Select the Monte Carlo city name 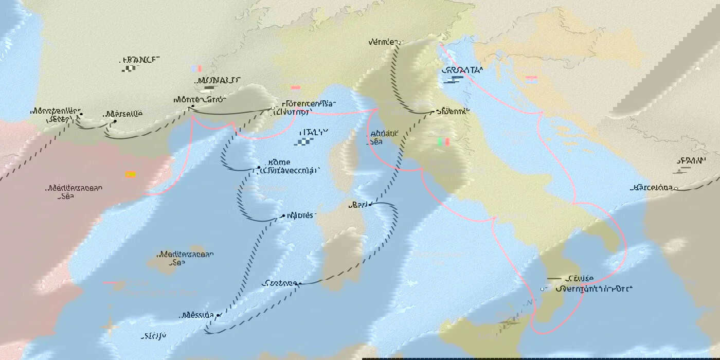[200, 99]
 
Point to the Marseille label [124, 114]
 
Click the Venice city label [383, 42]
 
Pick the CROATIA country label [462, 70]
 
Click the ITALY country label [313, 132]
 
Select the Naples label [300, 215]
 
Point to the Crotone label [279, 283]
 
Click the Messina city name [197, 315]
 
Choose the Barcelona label [651, 188]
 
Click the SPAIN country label [692, 160]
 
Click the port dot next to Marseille [115, 122]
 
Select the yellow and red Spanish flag [131, 174]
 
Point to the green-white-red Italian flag [443, 141]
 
